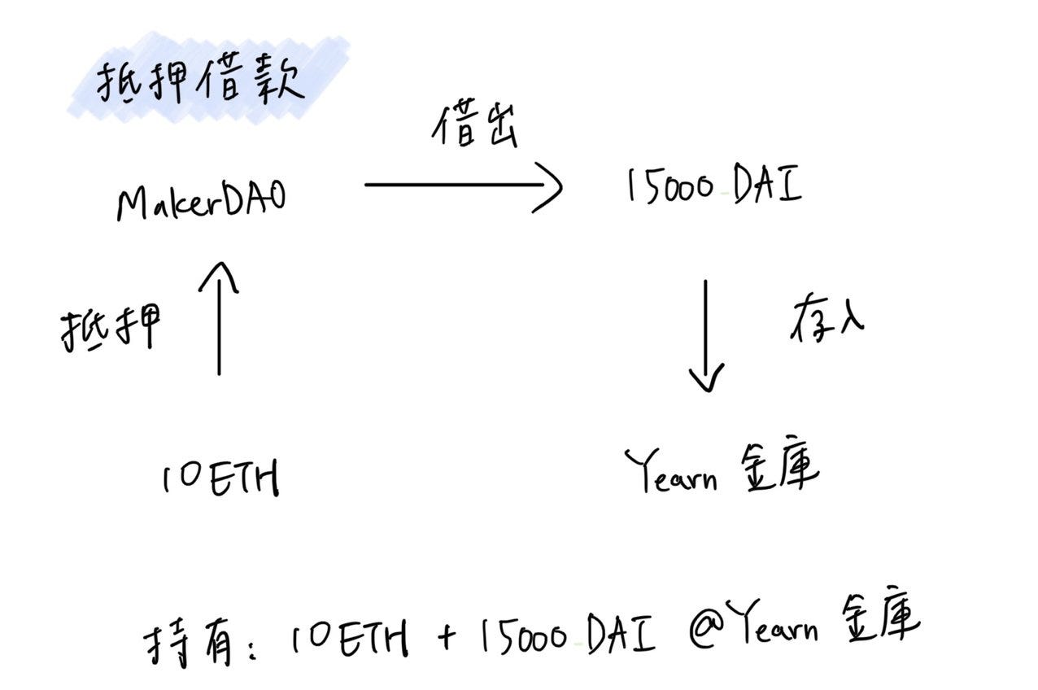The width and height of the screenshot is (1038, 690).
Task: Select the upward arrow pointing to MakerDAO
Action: pyautogui.click(x=220, y=317)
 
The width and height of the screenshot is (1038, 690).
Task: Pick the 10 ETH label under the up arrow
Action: pyautogui.click(x=220, y=478)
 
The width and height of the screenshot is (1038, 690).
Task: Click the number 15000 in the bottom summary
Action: pyautogui.click(x=521, y=639)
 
